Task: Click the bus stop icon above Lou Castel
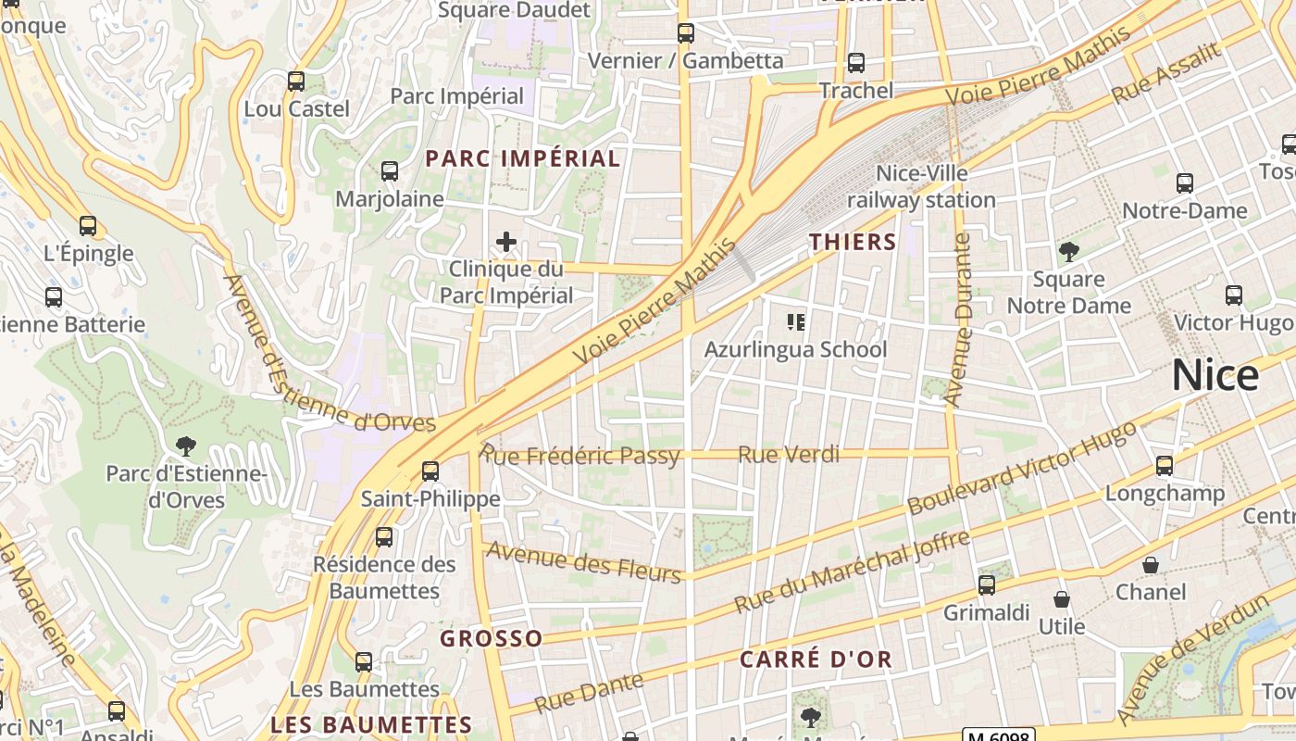click(x=296, y=82)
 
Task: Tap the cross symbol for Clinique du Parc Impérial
click(x=506, y=243)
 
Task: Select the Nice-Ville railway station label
click(x=921, y=186)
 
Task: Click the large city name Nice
click(x=1215, y=375)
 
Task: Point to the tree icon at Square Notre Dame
click(x=1069, y=251)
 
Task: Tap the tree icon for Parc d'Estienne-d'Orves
click(x=186, y=446)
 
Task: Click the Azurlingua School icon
click(x=796, y=322)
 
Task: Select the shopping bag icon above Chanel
click(x=1151, y=565)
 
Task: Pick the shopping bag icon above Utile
click(x=1062, y=599)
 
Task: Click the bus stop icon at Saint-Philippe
click(x=430, y=471)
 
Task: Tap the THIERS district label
click(x=853, y=243)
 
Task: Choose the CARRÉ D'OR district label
click(x=816, y=659)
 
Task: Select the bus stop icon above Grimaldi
click(x=987, y=584)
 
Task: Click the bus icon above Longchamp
click(x=1165, y=465)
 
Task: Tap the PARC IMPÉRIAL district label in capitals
click(x=523, y=158)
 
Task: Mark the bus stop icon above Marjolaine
click(x=390, y=171)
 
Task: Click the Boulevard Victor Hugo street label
click(x=1022, y=469)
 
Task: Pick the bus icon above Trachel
click(x=856, y=63)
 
